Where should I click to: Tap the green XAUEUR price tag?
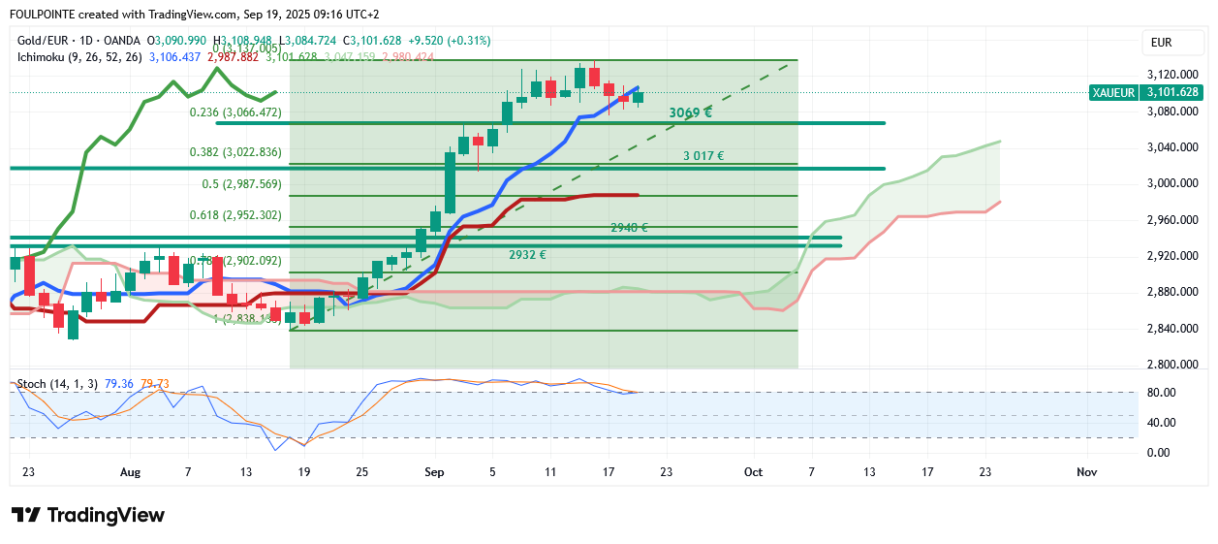1145,92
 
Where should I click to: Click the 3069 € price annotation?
690,113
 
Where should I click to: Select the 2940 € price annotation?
629,228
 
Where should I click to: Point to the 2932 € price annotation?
527,255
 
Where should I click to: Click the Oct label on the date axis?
753,471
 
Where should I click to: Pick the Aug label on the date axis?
131,471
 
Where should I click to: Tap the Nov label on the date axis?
1086,471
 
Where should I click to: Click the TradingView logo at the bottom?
88,515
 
